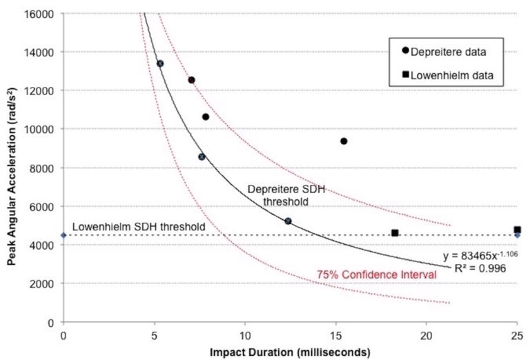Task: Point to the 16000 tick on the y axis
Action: pos(42,13)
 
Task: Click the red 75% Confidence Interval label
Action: pos(377,274)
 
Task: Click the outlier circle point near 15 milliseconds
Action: pos(344,141)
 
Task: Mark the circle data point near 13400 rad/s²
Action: pos(160,63)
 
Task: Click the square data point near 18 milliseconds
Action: pos(395,233)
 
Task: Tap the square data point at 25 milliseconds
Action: pos(517,230)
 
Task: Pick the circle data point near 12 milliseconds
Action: pos(288,221)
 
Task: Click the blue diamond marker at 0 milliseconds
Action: pos(63,235)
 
